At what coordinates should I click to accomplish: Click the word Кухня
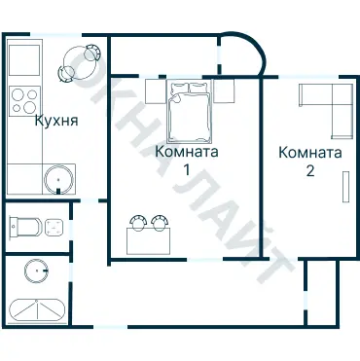[55, 122]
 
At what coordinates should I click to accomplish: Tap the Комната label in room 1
[186, 153]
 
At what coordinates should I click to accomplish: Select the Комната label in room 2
[309, 153]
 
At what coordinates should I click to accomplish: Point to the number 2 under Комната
[309, 169]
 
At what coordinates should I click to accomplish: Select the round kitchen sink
[58, 180]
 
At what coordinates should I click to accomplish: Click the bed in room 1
[189, 113]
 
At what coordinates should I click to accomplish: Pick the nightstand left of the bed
[156, 91]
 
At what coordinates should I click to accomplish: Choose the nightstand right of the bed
[224, 91]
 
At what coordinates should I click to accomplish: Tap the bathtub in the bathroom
[37, 311]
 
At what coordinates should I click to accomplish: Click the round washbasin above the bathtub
[37, 271]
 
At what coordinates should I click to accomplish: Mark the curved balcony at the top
[241, 56]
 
